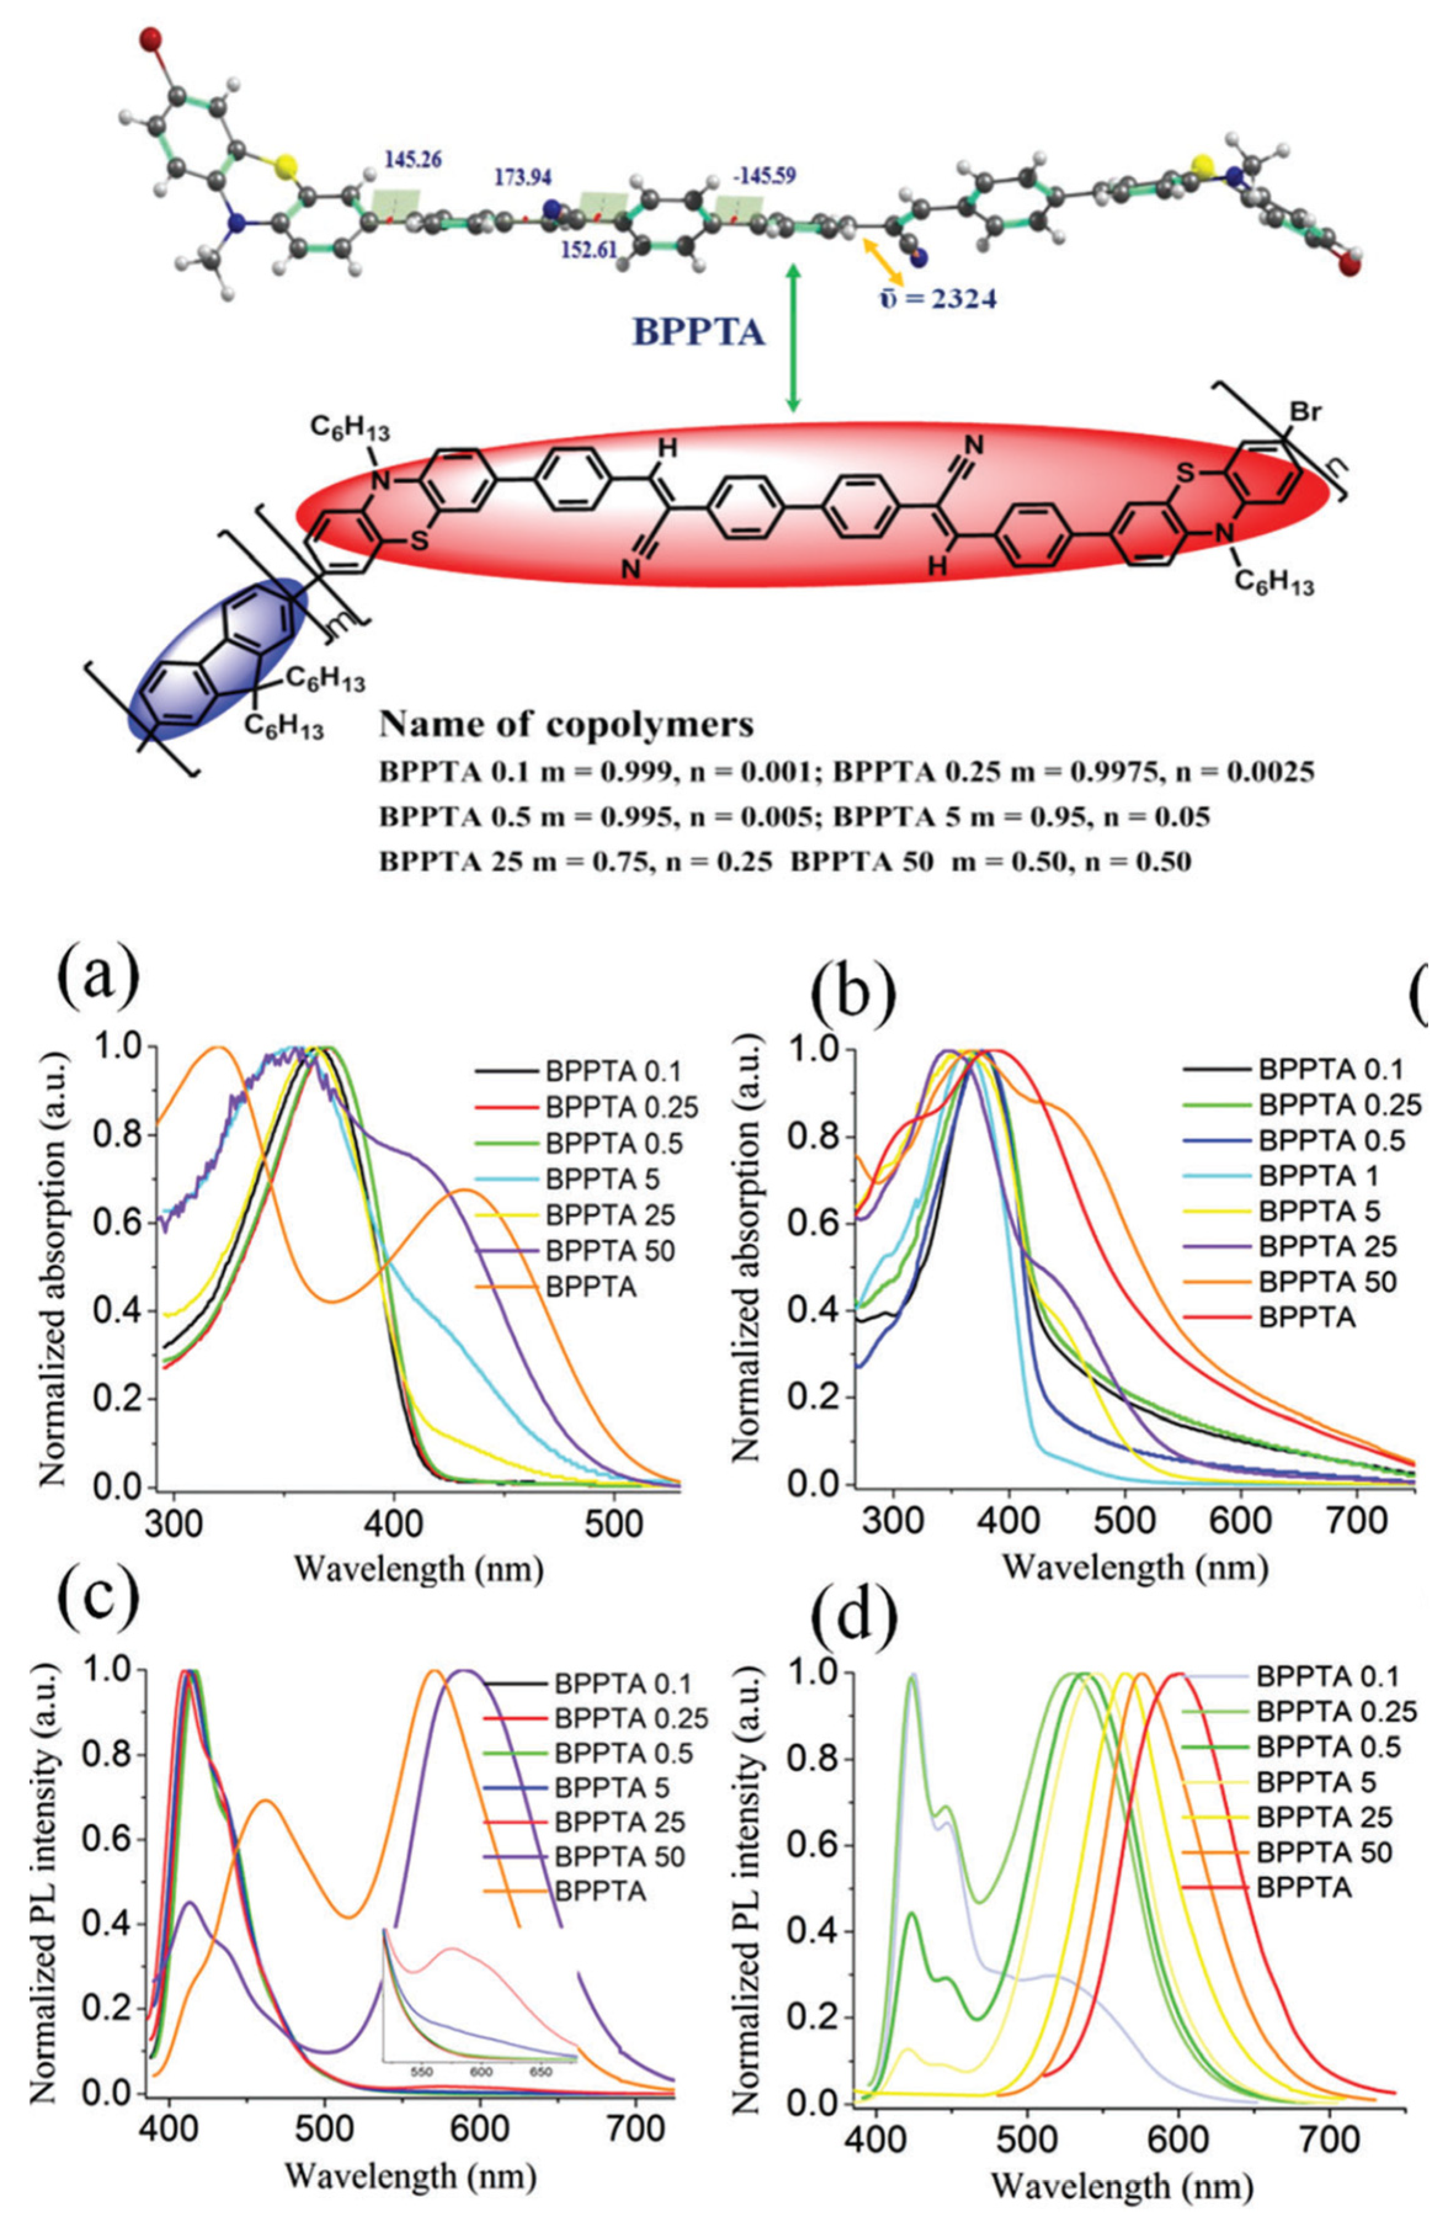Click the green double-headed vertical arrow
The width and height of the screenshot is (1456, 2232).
(793, 338)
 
